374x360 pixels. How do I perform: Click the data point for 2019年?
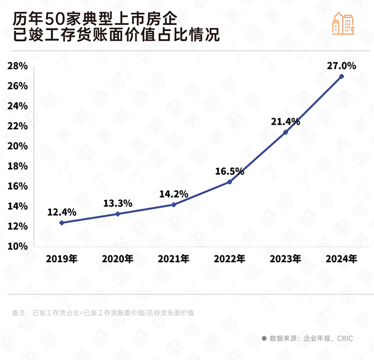(x=62, y=222)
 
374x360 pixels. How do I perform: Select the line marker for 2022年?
(x=229, y=181)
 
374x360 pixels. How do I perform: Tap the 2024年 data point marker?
(x=341, y=76)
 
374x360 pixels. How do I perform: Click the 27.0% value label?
(x=341, y=65)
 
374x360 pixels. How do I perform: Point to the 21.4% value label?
(x=285, y=121)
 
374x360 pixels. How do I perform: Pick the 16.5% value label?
(x=229, y=169)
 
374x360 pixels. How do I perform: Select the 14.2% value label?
(x=173, y=193)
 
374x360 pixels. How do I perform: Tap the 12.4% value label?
(x=62, y=212)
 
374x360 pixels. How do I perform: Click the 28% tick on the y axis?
(x=16, y=65)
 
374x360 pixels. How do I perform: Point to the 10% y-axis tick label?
(x=16, y=246)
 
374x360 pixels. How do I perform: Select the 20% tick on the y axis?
(x=16, y=146)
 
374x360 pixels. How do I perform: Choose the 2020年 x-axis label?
(x=117, y=258)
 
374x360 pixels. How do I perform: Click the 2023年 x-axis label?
(x=285, y=258)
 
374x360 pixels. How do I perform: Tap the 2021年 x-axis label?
(x=173, y=258)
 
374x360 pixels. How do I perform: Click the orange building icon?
(x=343, y=22)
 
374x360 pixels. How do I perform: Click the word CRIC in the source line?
(x=346, y=338)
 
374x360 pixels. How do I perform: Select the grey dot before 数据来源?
(x=264, y=338)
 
